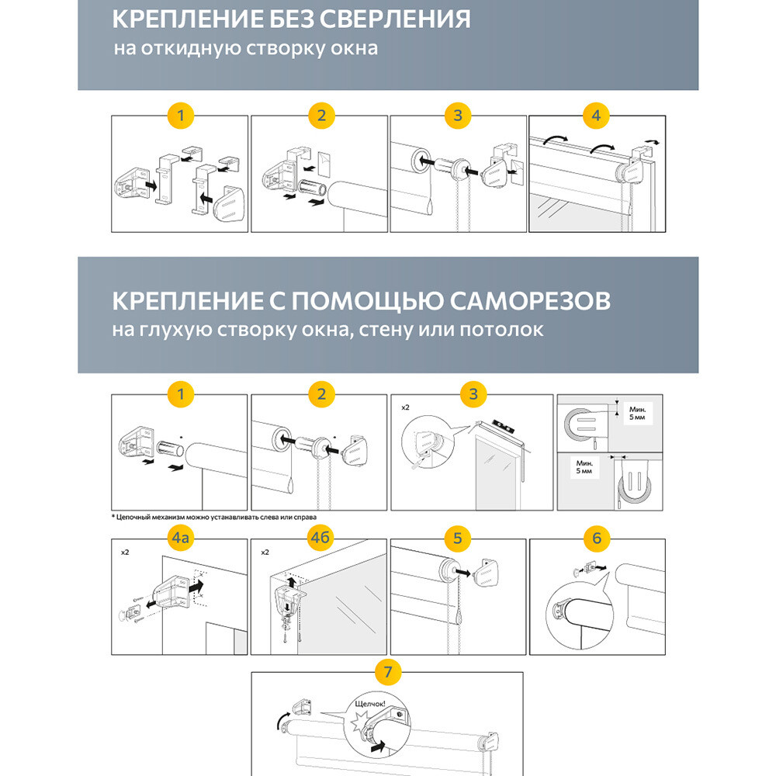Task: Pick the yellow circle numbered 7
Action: click(388, 669)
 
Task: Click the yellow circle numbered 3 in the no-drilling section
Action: click(458, 116)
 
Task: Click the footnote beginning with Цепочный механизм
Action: click(214, 517)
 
